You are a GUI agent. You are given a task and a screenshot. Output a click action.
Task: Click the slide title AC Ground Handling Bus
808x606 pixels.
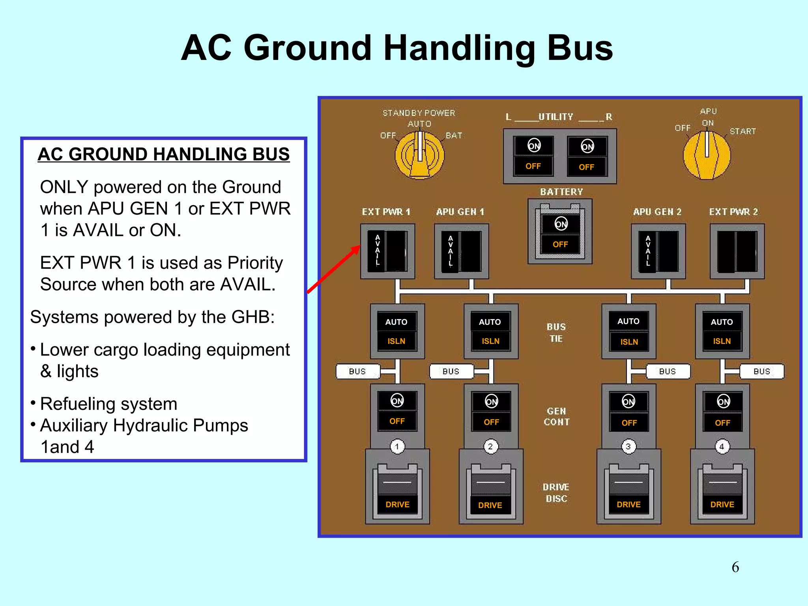(397, 48)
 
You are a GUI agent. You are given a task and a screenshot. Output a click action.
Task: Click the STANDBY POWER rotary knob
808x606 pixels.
(420, 155)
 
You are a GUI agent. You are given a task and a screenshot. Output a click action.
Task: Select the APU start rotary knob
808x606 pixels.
(707, 155)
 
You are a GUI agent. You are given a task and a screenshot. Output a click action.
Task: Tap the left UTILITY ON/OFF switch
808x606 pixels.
(533, 156)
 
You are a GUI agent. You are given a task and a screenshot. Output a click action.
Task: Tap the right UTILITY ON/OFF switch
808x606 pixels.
(587, 157)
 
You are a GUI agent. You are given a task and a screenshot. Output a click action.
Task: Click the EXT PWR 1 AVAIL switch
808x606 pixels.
(387, 251)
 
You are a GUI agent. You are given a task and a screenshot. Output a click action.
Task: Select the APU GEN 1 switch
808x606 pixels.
(461, 251)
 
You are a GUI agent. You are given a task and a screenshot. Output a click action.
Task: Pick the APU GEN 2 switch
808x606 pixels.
(658, 251)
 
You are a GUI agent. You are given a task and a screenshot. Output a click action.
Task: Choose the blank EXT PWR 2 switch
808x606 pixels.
(737, 251)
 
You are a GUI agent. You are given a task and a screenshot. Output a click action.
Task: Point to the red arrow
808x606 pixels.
(334, 269)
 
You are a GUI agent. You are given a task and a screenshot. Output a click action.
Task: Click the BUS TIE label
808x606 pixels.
(556, 333)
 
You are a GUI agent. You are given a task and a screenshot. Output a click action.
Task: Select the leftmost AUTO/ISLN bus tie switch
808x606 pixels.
(397, 331)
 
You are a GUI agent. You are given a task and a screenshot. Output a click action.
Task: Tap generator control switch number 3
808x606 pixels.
(628, 412)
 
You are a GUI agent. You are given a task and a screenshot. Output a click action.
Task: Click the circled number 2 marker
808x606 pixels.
(490, 447)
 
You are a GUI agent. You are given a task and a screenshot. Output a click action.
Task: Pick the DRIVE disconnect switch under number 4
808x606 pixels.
(722, 493)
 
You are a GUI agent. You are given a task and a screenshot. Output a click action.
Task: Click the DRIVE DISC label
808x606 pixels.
(556, 493)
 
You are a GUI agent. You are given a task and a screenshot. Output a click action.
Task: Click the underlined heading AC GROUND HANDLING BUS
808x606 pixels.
(164, 154)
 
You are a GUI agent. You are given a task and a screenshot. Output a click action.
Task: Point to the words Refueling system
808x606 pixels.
(108, 404)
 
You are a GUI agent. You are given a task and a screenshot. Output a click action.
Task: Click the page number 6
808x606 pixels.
(735, 567)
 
